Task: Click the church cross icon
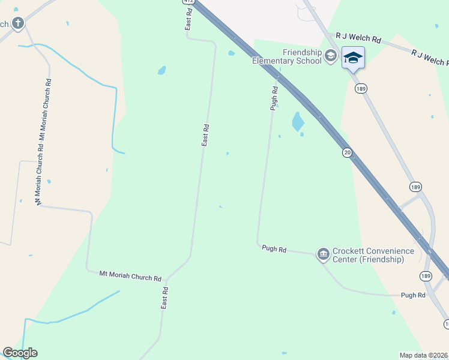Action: tap(18, 23)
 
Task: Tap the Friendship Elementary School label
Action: tap(286, 56)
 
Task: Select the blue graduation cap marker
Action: tap(353, 58)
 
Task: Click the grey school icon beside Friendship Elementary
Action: tap(330, 56)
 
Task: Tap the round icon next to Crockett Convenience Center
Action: tap(324, 254)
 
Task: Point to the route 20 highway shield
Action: tap(348, 152)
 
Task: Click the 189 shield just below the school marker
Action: tap(361, 88)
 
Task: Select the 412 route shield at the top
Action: tap(188, 2)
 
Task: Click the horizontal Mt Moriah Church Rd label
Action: tap(131, 277)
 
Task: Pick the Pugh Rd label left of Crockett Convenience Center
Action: tap(274, 248)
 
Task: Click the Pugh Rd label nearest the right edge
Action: tap(413, 295)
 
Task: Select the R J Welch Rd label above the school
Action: tap(358, 39)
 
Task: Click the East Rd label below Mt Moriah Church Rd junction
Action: tap(165, 297)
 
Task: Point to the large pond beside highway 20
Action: tap(297, 122)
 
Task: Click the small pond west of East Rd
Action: tap(161, 70)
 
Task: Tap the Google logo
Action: tap(20, 353)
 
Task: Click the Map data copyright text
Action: tap(424, 355)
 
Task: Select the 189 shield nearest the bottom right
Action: tap(426, 276)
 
